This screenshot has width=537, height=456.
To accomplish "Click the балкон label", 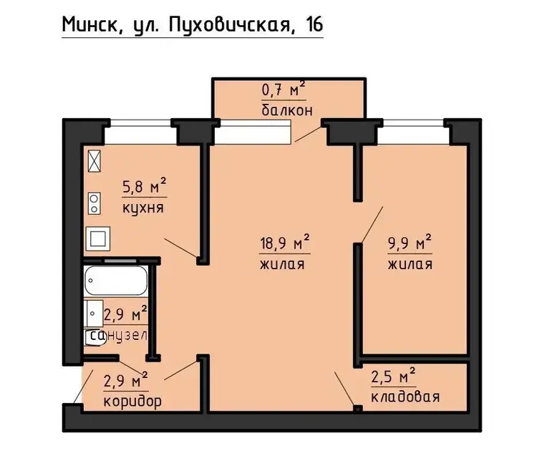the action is [x=287, y=110].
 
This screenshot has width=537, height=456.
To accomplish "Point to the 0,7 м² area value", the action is [x=284, y=89].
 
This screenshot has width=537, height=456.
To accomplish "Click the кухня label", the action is [x=143, y=208].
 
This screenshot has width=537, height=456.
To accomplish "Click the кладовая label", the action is [x=405, y=397].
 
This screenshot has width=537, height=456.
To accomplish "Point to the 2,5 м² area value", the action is [x=393, y=375].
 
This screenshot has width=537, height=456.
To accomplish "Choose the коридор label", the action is [x=132, y=401].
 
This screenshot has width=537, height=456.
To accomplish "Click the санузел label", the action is [x=118, y=336].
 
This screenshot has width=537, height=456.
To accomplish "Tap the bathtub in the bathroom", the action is [x=116, y=281].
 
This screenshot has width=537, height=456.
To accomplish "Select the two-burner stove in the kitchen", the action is [x=95, y=203].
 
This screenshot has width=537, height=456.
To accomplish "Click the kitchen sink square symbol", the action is [x=98, y=238].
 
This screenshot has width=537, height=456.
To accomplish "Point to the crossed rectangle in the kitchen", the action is [x=95, y=161].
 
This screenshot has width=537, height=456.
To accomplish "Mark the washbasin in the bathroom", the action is [x=94, y=314].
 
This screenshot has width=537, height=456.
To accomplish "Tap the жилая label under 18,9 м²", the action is [x=282, y=264].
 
